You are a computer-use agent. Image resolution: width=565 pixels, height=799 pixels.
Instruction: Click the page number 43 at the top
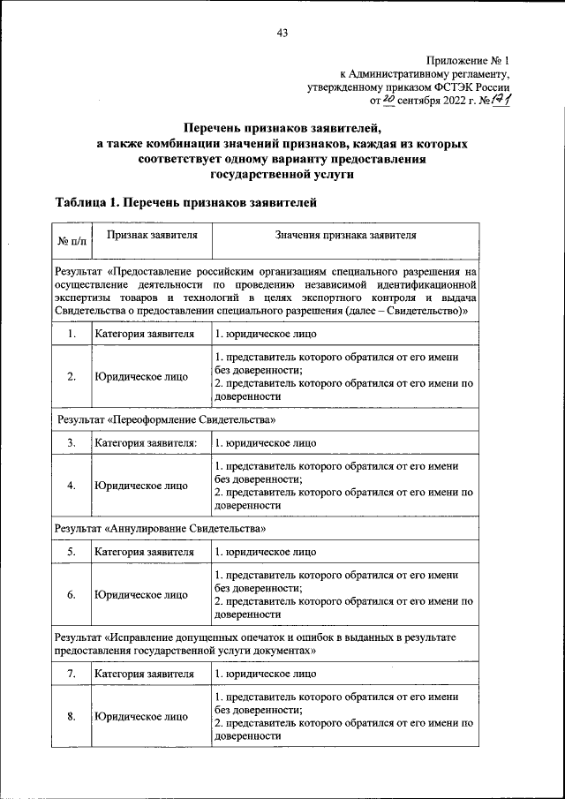tap(282, 34)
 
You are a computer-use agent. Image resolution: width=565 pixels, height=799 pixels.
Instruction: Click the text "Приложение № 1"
tap(469, 60)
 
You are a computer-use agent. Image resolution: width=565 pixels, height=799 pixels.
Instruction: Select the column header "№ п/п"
tap(72, 240)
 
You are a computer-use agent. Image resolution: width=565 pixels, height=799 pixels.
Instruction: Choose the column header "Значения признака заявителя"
tap(344, 236)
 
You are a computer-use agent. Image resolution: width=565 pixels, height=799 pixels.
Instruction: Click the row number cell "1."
tap(71, 335)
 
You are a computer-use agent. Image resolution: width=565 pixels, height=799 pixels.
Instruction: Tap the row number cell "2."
tap(71, 376)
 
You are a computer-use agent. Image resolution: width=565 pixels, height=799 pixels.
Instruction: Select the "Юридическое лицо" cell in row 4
tap(141, 485)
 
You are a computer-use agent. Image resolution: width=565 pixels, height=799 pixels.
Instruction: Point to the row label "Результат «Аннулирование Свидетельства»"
tap(160, 528)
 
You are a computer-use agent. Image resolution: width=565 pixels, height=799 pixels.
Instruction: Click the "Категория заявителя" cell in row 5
tap(144, 552)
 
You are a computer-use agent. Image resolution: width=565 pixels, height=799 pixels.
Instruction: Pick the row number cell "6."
tap(71, 594)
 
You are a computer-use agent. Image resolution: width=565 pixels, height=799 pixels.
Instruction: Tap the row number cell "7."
tap(71, 674)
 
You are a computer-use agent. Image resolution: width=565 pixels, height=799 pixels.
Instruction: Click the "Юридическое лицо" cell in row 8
tap(141, 715)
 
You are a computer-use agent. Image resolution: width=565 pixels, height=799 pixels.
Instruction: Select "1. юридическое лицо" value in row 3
tap(265, 443)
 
